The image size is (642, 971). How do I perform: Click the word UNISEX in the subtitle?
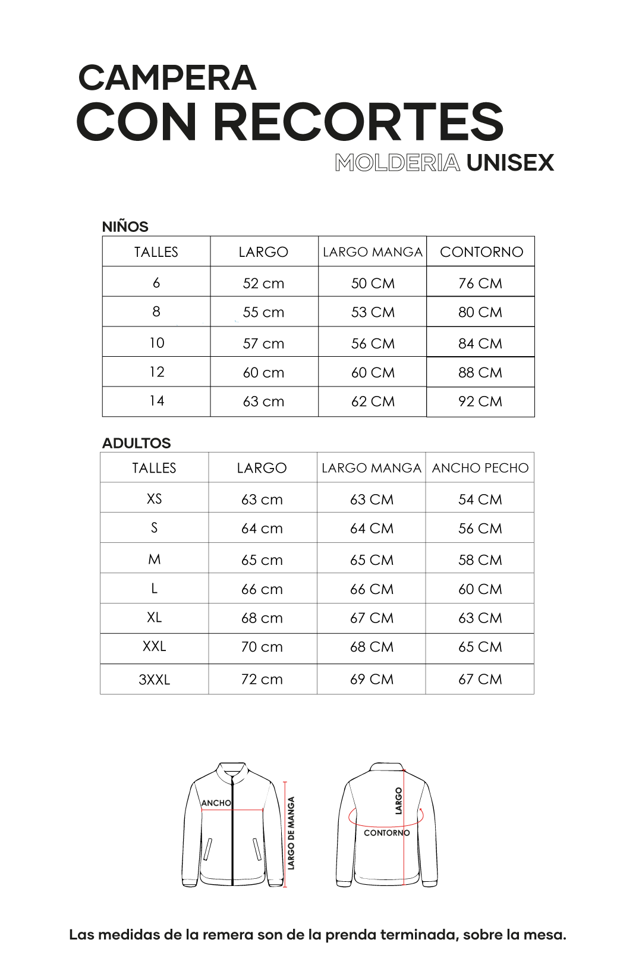pos(510,163)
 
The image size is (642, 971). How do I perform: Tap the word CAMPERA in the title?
pos(167,78)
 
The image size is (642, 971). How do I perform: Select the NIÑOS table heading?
pos(125,227)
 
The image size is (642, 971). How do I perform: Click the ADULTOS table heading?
pos(136,443)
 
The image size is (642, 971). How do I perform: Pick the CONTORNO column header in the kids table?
pos(481,252)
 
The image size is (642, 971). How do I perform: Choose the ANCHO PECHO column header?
pos(480,468)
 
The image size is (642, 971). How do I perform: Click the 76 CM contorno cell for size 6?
pos(480,284)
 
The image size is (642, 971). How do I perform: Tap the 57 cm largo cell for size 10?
pos(263,344)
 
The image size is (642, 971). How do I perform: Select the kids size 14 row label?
pos(156,401)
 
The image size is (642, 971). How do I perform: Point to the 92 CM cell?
pos(480,402)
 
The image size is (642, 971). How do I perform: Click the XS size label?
pos(155,499)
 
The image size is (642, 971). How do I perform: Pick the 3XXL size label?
pos(155,680)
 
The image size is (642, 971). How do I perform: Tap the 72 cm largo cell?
pos(262,679)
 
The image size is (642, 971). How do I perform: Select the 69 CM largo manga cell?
pos(372,679)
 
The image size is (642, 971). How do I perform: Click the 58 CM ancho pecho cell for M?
pos(480,560)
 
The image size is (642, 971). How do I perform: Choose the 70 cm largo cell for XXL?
pos(262,647)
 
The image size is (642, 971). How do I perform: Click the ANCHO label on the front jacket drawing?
pos(216,803)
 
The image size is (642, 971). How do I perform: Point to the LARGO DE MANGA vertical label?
pos(291,833)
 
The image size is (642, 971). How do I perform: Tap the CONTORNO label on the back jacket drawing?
pos(386,833)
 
